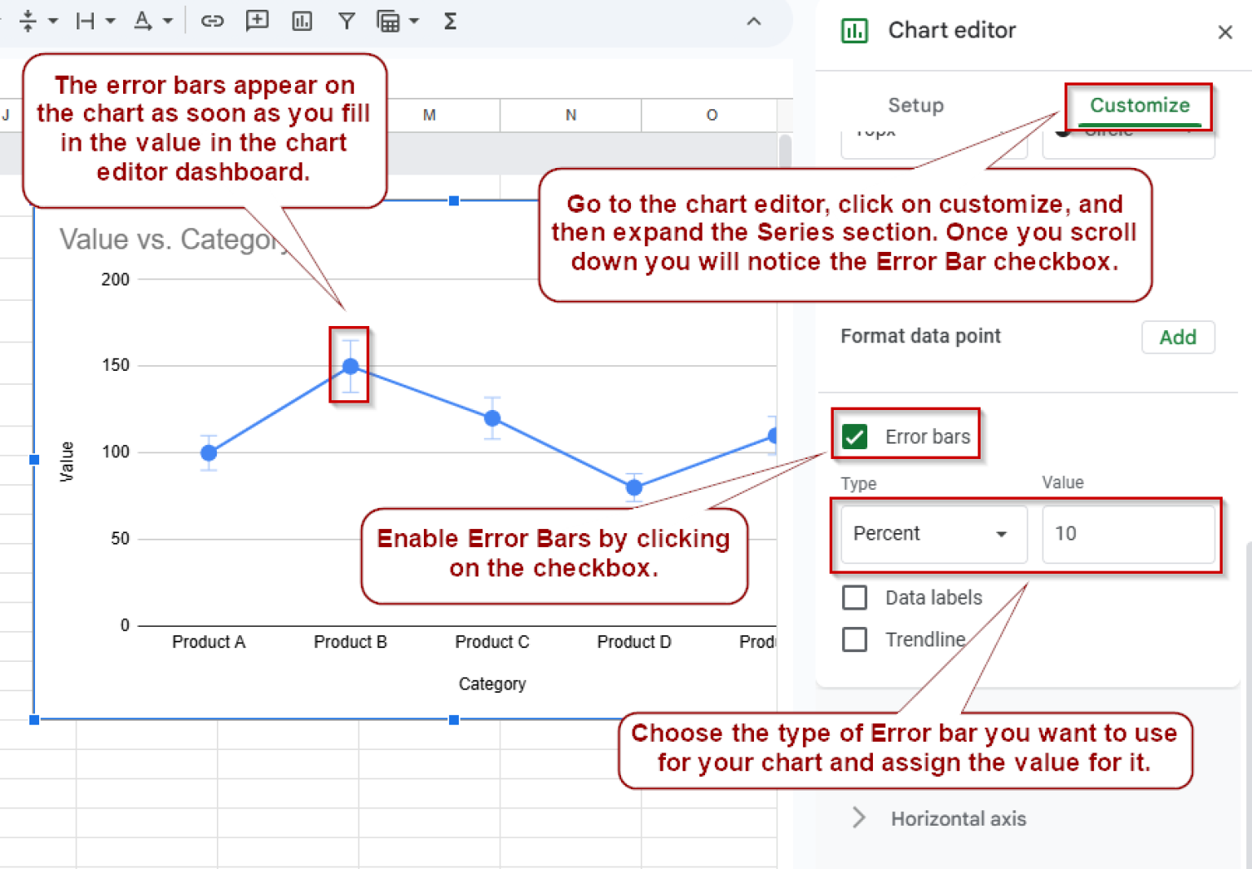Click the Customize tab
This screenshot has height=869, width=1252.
[x=1140, y=105]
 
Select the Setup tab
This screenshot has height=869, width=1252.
[x=915, y=105]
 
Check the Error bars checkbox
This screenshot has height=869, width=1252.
[x=855, y=437]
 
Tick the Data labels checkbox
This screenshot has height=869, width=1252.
[x=855, y=598]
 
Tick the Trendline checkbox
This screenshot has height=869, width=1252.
[x=855, y=639]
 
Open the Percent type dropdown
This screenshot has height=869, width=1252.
[x=932, y=534]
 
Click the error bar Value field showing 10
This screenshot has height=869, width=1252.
[x=1127, y=534]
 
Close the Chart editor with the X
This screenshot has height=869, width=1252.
[x=1224, y=33]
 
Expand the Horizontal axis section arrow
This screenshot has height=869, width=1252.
[x=859, y=818]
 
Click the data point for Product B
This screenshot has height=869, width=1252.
[x=350, y=367]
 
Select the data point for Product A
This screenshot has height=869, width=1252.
[x=209, y=452]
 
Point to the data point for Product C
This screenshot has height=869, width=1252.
[x=492, y=418]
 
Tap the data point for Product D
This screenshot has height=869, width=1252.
[x=634, y=487]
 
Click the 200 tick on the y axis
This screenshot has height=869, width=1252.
[x=116, y=280]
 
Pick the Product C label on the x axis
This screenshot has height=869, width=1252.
[x=492, y=642]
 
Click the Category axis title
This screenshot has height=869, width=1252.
[x=492, y=684]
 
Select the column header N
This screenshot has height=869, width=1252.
[x=571, y=115]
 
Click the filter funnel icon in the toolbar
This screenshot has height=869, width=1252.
[x=346, y=21]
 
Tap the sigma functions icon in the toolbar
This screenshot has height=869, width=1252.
[x=450, y=21]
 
